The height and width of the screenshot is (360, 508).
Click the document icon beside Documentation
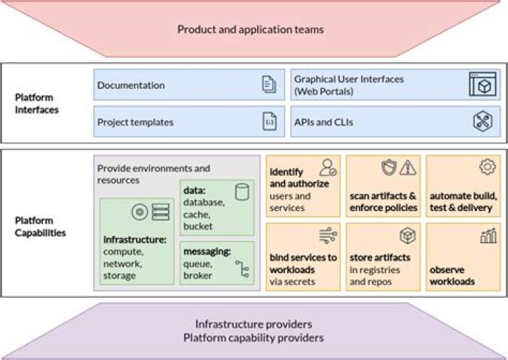click(x=268, y=85)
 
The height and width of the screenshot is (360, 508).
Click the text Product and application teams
click(x=250, y=30)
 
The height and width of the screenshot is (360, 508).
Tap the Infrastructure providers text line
click(x=253, y=324)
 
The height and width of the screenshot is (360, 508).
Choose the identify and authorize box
click(x=303, y=186)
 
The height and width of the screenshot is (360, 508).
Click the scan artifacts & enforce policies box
click(x=383, y=186)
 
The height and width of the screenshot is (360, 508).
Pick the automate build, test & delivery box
click(x=463, y=186)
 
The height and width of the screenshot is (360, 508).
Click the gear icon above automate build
click(x=487, y=167)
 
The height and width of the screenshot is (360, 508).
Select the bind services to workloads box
click(x=303, y=257)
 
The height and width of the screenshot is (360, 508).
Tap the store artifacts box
click(x=383, y=257)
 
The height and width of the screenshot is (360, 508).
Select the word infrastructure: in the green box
click(x=135, y=239)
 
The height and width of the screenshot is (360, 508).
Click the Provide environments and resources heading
click(x=154, y=174)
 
